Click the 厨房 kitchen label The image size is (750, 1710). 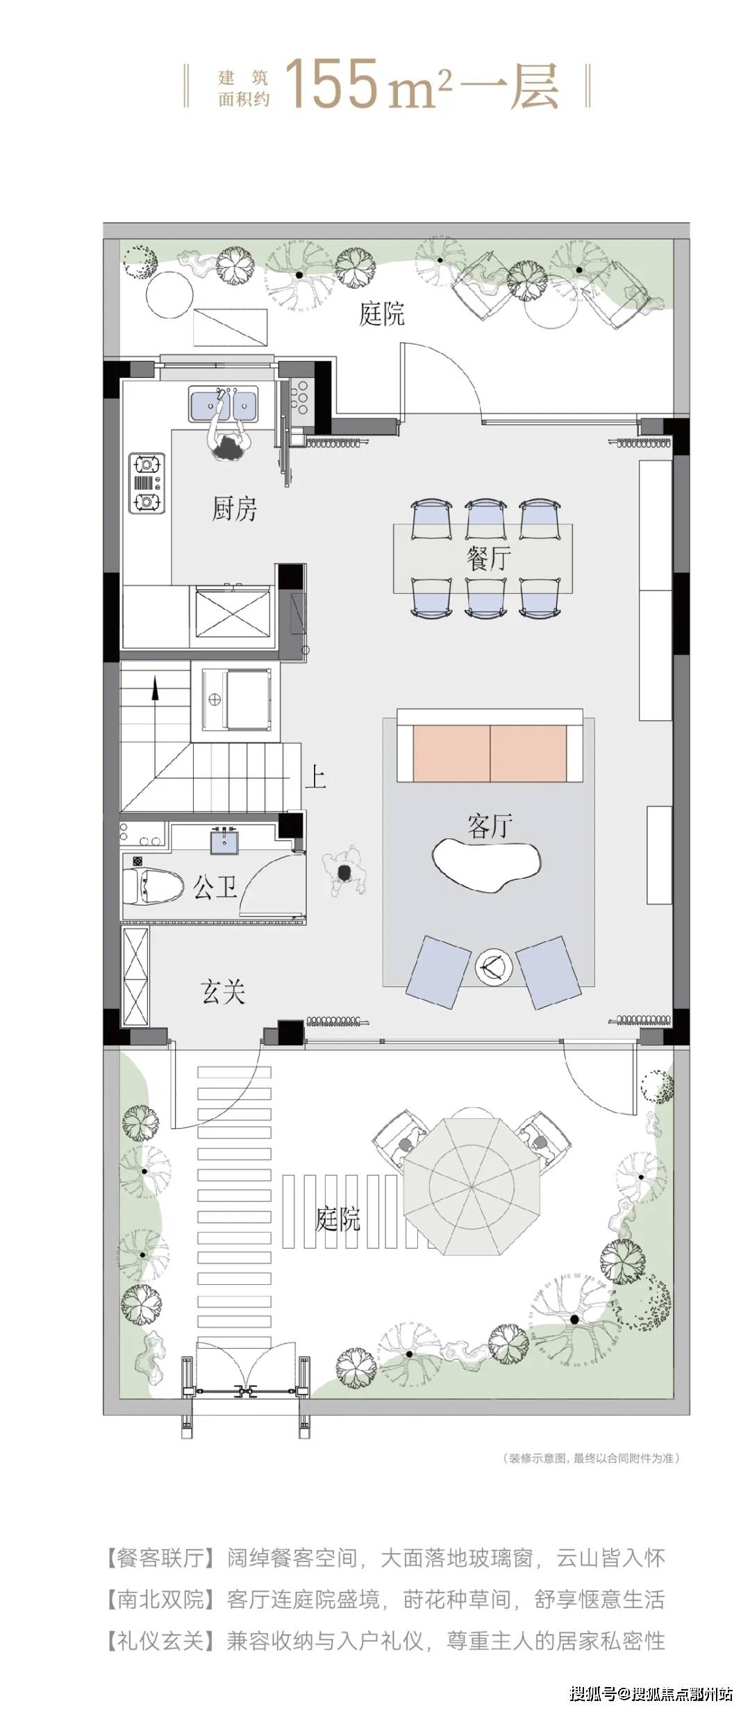[x=234, y=510]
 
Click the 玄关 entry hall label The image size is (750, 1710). [x=223, y=992]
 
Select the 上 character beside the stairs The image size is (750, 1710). [x=315, y=777]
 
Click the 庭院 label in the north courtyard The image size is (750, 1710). [x=381, y=314]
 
